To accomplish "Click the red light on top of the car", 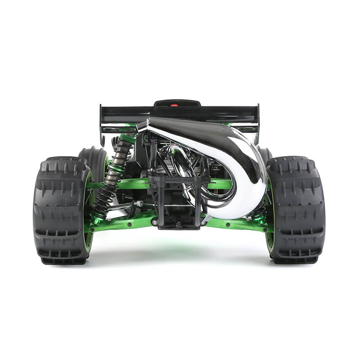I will pyautogui.click(x=174, y=105).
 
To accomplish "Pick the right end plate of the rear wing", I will pyautogui.click(x=257, y=121).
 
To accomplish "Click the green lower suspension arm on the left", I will pyautogui.click(x=126, y=223).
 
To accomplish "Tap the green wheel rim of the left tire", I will pyautogui.click(x=89, y=211).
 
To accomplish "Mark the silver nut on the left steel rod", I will pyautogui.click(x=139, y=204).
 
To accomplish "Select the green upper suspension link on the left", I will pyautogui.click(x=135, y=184).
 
